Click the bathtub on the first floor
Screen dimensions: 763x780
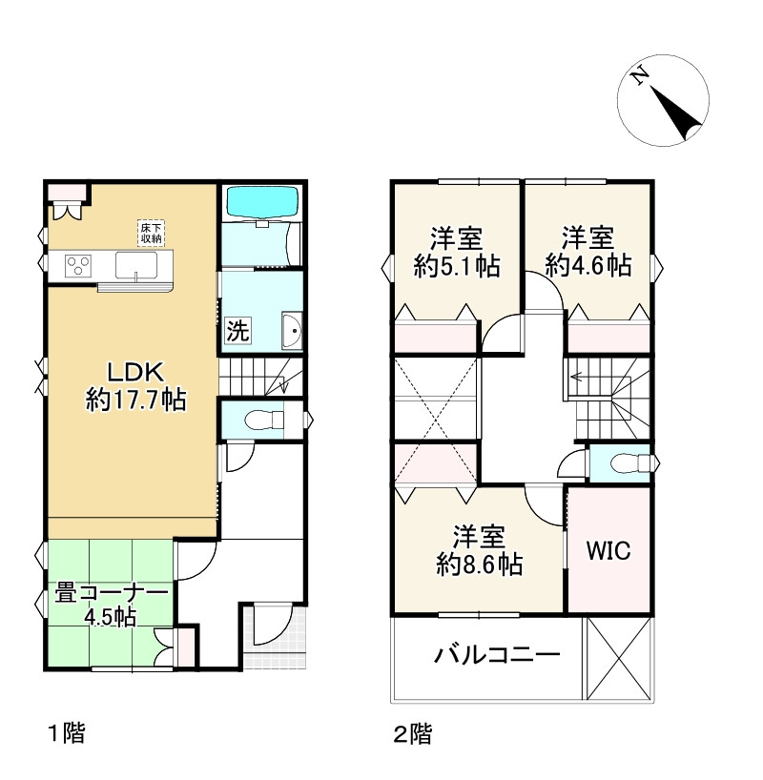click(262, 201)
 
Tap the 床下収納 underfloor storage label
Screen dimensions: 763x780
click(152, 233)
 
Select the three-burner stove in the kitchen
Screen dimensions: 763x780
click(78, 265)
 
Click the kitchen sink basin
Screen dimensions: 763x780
click(136, 265)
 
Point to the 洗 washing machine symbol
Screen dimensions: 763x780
click(237, 330)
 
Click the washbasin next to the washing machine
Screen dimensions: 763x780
click(292, 330)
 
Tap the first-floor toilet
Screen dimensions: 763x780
click(264, 420)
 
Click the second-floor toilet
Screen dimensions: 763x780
click(630, 462)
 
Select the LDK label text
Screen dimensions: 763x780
click(135, 372)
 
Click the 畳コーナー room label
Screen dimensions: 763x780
click(112, 592)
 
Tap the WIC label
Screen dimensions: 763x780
click(608, 550)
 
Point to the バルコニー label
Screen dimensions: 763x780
click(497, 654)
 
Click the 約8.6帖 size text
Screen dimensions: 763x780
click(480, 564)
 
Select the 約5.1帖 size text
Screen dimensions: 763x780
click(457, 266)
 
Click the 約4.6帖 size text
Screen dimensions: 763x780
click(588, 266)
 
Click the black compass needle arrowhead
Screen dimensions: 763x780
click(678, 113)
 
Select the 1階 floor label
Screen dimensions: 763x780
click(66, 733)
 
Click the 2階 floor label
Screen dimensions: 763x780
click(413, 733)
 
